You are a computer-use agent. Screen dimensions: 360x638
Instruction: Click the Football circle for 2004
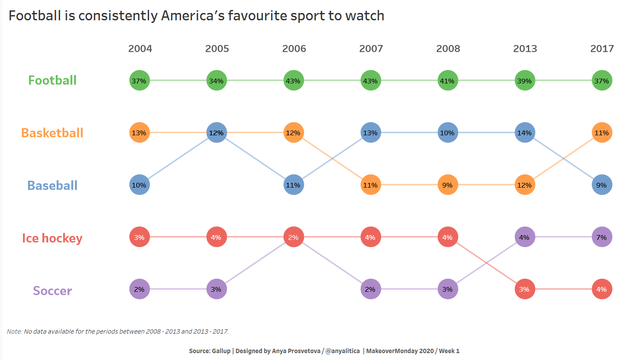click(x=140, y=80)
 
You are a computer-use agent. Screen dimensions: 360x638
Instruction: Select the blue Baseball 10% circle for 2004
click(x=140, y=185)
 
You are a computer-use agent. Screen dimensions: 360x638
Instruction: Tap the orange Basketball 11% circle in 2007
click(x=371, y=185)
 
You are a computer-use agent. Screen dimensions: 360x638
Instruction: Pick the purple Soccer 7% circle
click(x=602, y=237)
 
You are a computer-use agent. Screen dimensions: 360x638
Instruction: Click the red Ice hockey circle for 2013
click(x=525, y=289)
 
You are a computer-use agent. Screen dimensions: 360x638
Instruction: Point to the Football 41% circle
click(x=448, y=80)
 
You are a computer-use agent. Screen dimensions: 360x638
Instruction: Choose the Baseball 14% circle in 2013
click(x=525, y=133)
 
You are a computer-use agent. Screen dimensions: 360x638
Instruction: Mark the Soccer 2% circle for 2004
click(x=140, y=289)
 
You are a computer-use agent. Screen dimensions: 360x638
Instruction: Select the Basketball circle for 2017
click(x=602, y=133)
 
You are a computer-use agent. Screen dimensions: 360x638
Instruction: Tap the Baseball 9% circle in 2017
click(x=602, y=185)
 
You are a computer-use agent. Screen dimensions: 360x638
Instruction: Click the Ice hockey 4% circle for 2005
click(x=216, y=237)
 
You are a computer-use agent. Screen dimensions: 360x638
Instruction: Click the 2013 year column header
click(x=525, y=48)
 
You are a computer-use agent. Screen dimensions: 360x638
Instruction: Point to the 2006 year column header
click(x=294, y=48)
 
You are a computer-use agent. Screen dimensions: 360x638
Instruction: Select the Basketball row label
click(x=52, y=133)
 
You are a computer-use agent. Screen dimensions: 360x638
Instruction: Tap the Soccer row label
click(x=52, y=290)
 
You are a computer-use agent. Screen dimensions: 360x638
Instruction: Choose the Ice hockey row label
click(x=52, y=238)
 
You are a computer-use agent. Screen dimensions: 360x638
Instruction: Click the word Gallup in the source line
click(x=221, y=351)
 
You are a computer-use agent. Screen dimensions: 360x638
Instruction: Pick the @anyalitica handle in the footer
click(x=343, y=351)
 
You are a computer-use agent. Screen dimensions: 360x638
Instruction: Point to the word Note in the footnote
click(x=14, y=331)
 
